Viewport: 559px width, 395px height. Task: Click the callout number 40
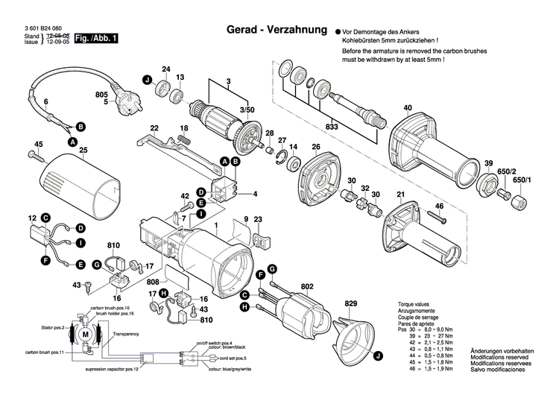click(407, 108)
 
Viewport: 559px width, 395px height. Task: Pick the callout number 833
click(332, 127)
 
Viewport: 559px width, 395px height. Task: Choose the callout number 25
click(83, 151)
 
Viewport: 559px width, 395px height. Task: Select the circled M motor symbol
click(86, 336)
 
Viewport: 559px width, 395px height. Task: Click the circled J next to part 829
click(378, 358)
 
